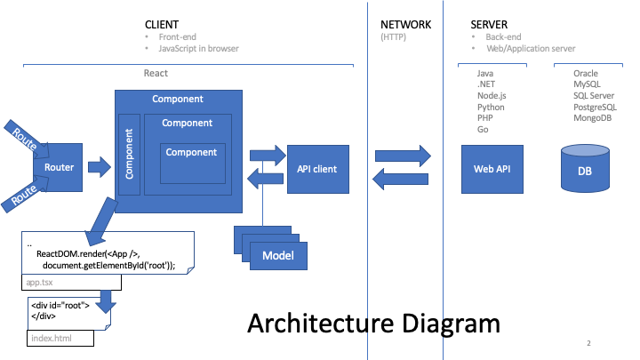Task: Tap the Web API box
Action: click(485, 168)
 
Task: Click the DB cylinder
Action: click(584, 169)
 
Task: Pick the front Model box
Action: click(277, 257)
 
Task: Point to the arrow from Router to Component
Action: click(99, 166)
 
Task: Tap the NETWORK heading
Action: click(405, 23)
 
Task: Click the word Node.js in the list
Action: click(492, 96)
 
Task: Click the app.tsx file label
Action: click(42, 282)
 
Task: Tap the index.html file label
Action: click(50, 338)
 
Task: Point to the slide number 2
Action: click(588, 343)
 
